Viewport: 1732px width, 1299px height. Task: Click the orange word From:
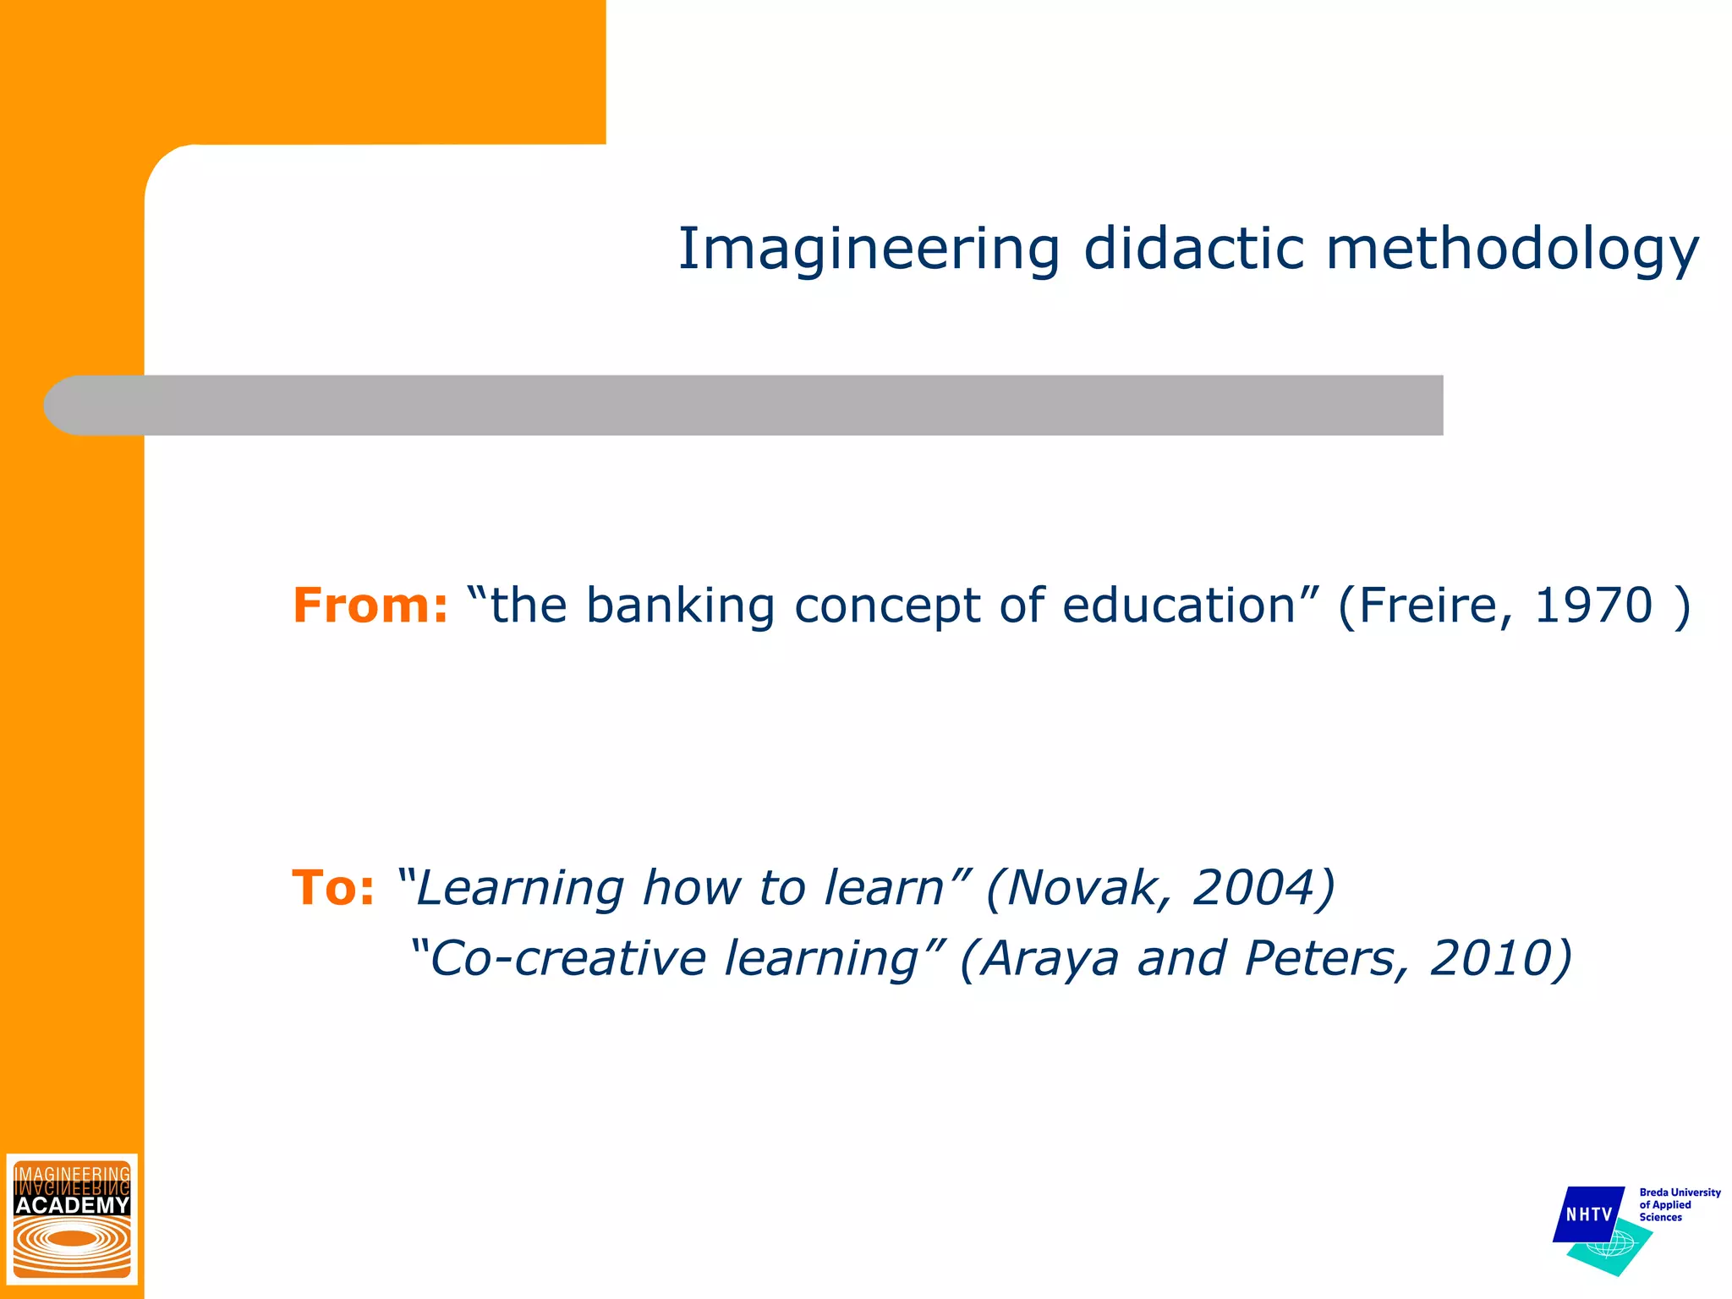point(370,606)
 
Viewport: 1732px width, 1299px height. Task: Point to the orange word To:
point(332,888)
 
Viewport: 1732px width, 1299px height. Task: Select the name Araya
point(1049,958)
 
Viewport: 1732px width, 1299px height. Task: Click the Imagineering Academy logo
point(72,1219)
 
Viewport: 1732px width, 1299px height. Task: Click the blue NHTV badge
point(1588,1214)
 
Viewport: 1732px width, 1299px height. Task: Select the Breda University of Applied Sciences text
point(1679,1204)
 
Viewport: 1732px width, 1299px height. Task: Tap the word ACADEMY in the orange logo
point(72,1204)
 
